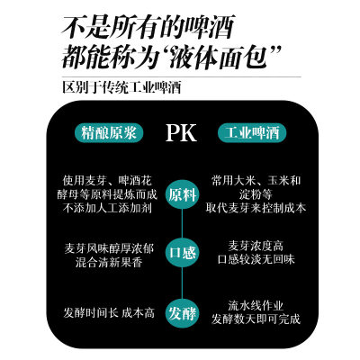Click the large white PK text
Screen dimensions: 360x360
coord(181,132)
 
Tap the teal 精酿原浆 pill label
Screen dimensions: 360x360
coord(109,132)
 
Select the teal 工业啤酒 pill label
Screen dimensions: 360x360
coord(252,132)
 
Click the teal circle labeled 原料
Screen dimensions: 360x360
coord(182,194)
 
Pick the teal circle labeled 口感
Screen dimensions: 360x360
coord(182,252)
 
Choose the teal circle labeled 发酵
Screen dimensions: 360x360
coord(182,313)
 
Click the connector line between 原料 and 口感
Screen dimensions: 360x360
coord(182,223)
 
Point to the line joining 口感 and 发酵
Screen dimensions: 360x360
coord(182,283)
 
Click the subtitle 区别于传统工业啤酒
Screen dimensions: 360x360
coord(121,87)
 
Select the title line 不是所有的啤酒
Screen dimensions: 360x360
coord(148,28)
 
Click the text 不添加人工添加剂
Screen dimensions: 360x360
coord(107,208)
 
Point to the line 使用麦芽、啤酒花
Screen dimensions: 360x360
coord(107,181)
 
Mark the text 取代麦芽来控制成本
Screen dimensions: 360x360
coord(256,208)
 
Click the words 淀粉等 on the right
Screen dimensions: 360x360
coord(256,194)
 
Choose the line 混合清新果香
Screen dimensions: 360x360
coord(109,263)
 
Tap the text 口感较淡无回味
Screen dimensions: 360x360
coord(256,259)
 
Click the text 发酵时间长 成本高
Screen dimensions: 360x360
coord(109,313)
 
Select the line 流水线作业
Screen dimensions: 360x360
coord(256,306)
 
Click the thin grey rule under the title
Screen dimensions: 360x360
coord(182,76)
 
